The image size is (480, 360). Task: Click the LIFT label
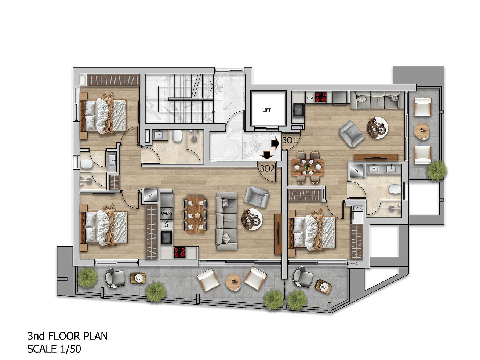pyautogui.click(x=266, y=110)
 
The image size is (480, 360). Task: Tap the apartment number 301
pyautogui.click(x=289, y=140)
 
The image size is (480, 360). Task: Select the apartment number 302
pyautogui.click(x=267, y=168)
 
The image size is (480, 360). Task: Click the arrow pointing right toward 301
pyautogui.click(x=275, y=143)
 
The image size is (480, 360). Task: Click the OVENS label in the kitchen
pyautogui.click(x=167, y=213)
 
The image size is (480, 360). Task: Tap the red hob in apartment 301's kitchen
pyautogui.click(x=320, y=97)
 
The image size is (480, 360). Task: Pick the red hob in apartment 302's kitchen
pyautogui.click(x=180, y=253)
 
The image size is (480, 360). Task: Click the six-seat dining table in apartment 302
pyautogui.click(x=196, y=215)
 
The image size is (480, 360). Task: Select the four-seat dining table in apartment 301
pyautogui.click(x=307, y=167)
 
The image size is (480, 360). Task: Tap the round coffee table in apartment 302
pyautogui.click(x=252, y=219)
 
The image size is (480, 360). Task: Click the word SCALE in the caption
pyautogui.click(x=42, y=349)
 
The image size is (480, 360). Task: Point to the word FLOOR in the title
pyautogui.click(x=61, y=336)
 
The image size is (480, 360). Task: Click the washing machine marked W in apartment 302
pyautogui.click(x=151, y=196)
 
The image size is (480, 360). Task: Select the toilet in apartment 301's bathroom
pyautogui.click(x=395, y=189)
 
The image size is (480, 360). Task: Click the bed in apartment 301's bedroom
pyautogui.click(x=312, y=232)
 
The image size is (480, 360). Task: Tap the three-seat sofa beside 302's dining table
pyautogui.click(x=227, y=221)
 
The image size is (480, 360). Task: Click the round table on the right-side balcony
pyautogui.click(x=422, y=131)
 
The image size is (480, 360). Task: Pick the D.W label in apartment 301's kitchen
pyautogui.click(x=310, y=98)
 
